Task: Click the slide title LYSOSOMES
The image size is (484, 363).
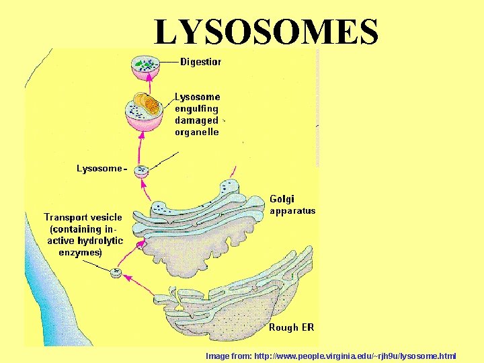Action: [x=266, y=32]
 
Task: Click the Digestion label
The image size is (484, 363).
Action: [x=200, y=62]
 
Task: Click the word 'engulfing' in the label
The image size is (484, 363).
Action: [x=196, y=109]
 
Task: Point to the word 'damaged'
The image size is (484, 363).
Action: [x=196, y=120]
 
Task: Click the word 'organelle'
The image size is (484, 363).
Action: [x=196, y=132]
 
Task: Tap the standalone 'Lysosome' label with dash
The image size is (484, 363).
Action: [x=101, y=168]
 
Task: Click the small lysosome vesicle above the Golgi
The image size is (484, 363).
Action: [x=142, y=171]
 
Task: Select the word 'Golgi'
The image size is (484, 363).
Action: [x=282, y=199]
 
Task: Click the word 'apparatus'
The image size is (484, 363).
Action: [x=292, y=210]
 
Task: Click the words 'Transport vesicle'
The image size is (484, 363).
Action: [x=83, y=217]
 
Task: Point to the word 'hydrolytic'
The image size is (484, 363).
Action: [x=100, y=241]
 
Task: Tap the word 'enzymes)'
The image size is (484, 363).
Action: [x=80, y=253]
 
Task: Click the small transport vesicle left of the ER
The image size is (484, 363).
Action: [x=116, y=272]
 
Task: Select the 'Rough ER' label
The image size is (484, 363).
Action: [x=291, y=328]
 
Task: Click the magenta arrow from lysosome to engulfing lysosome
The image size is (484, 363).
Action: [x=141, y=147]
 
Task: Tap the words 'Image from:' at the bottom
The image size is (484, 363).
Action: [x=229, y=356]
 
